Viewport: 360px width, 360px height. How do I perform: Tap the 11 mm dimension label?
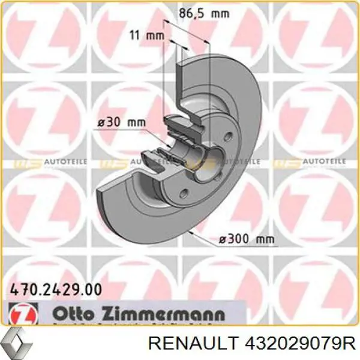point(147,35)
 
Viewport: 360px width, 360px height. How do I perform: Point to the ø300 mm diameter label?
point(247,239)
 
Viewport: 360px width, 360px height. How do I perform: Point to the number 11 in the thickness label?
point(136,35)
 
